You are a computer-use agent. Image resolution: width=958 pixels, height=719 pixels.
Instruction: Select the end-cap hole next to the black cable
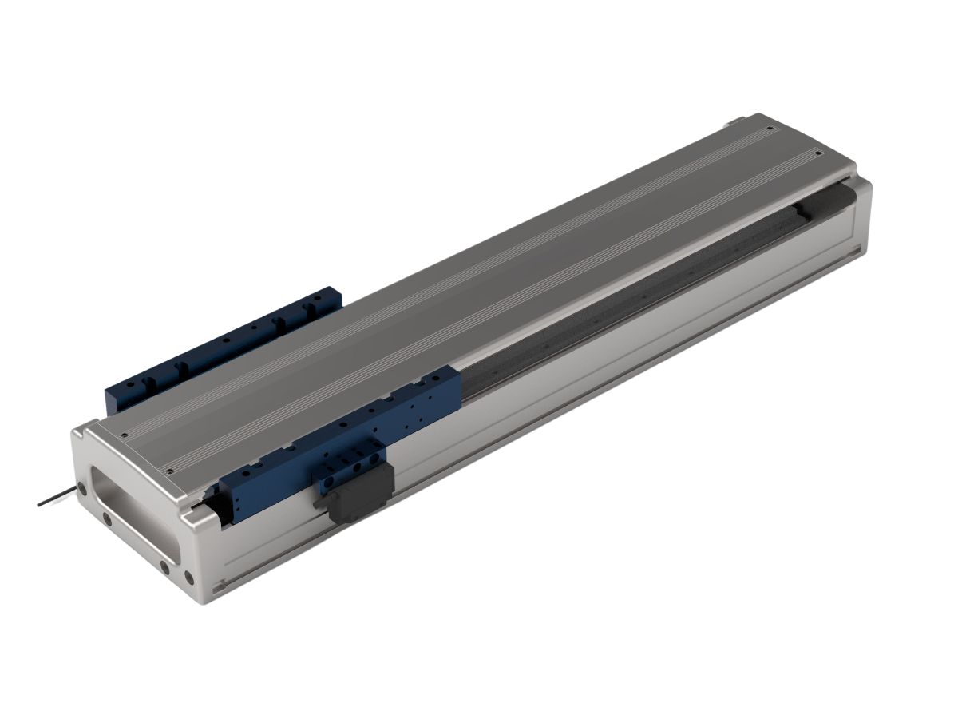(x=82, y=487)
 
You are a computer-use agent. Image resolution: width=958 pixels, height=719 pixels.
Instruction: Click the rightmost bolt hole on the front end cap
(x=188, y=575)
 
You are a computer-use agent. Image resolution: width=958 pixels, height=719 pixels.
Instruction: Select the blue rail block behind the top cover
(x=224, y=352)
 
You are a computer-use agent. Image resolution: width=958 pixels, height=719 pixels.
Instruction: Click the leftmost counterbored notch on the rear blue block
(x=148, y=383)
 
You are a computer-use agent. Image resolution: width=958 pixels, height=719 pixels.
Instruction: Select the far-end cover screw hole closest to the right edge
(x=818, y=152)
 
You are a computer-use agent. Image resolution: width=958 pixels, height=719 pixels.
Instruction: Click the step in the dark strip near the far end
(x=798, y=210)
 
